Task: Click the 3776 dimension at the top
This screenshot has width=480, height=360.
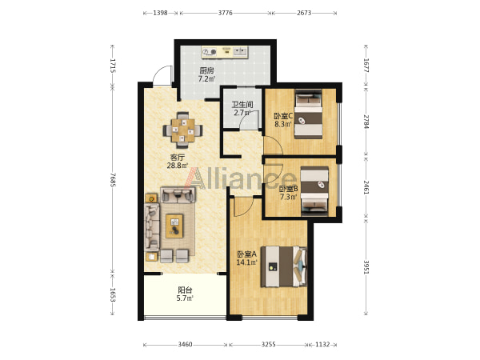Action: point(225,13)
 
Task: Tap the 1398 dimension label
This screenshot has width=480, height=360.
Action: point(160,13)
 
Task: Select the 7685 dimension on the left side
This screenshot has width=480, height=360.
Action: point(113,179)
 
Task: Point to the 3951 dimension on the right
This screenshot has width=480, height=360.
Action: point(366,267)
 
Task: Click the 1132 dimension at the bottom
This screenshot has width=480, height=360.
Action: point(322,344)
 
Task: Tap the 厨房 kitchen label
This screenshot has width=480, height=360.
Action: point(206,70)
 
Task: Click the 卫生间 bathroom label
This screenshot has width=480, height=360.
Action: point(242,104)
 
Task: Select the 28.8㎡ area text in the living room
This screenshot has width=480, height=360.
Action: point(178,166)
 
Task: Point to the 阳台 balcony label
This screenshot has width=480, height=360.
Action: point(185,290)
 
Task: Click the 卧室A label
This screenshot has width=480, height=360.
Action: point(247,254)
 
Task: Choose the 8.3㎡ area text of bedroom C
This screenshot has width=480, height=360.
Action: point(283,124)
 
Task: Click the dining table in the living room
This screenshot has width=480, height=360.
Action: point(182,130)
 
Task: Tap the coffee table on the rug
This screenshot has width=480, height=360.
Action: point(174,226)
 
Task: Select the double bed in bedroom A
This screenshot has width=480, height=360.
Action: point(284,266)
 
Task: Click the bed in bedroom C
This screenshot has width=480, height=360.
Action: point(308,114)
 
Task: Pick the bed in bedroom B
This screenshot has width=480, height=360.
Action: point(314,191)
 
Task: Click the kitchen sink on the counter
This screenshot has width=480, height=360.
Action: point(240,51)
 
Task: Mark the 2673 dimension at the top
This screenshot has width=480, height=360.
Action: point(304,13)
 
